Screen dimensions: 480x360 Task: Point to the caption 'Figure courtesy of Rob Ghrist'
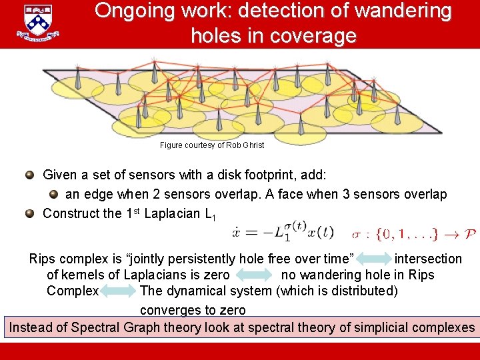212,145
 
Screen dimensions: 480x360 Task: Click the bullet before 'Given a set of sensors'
29,175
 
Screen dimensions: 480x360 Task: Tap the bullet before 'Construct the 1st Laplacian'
29,213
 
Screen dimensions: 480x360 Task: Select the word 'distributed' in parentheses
362,291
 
